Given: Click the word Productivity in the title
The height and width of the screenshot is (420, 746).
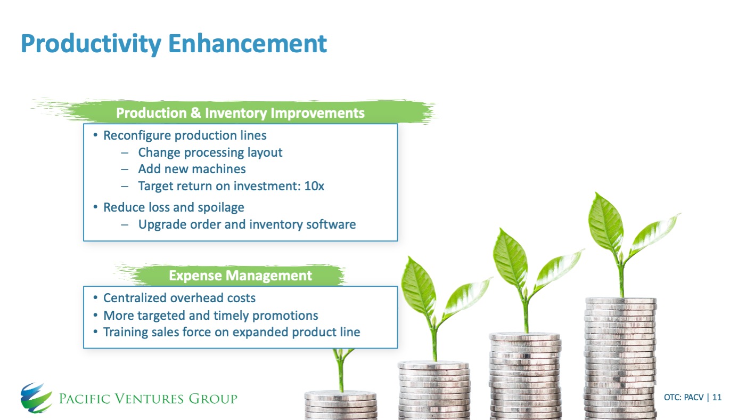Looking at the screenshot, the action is point(91,44).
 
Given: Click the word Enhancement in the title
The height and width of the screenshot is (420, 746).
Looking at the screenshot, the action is point(248,43).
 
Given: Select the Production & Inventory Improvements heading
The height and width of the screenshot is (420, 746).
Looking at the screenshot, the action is point(240,113).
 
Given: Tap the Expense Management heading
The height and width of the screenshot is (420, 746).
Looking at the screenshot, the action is point(240,276).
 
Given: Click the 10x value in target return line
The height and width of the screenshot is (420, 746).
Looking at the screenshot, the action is point(314,186).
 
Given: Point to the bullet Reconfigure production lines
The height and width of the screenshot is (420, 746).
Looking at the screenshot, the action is point(185,136).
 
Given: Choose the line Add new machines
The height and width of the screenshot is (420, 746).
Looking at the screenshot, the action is point(192,169).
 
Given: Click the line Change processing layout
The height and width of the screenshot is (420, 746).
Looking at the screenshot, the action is point(210,152).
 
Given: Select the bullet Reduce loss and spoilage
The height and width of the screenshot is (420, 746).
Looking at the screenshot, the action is point(174,208).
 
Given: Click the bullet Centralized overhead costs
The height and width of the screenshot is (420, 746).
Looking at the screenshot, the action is point(179,298).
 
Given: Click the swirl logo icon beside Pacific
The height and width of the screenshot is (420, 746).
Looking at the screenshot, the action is point(36,398).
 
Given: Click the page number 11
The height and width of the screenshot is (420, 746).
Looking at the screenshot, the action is point(717,397).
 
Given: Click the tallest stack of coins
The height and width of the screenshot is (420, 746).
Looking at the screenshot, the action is point(620,358).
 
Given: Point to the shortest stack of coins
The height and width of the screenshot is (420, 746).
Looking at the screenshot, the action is point(340,405).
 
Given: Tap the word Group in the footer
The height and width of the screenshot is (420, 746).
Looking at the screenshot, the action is point(213,399).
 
